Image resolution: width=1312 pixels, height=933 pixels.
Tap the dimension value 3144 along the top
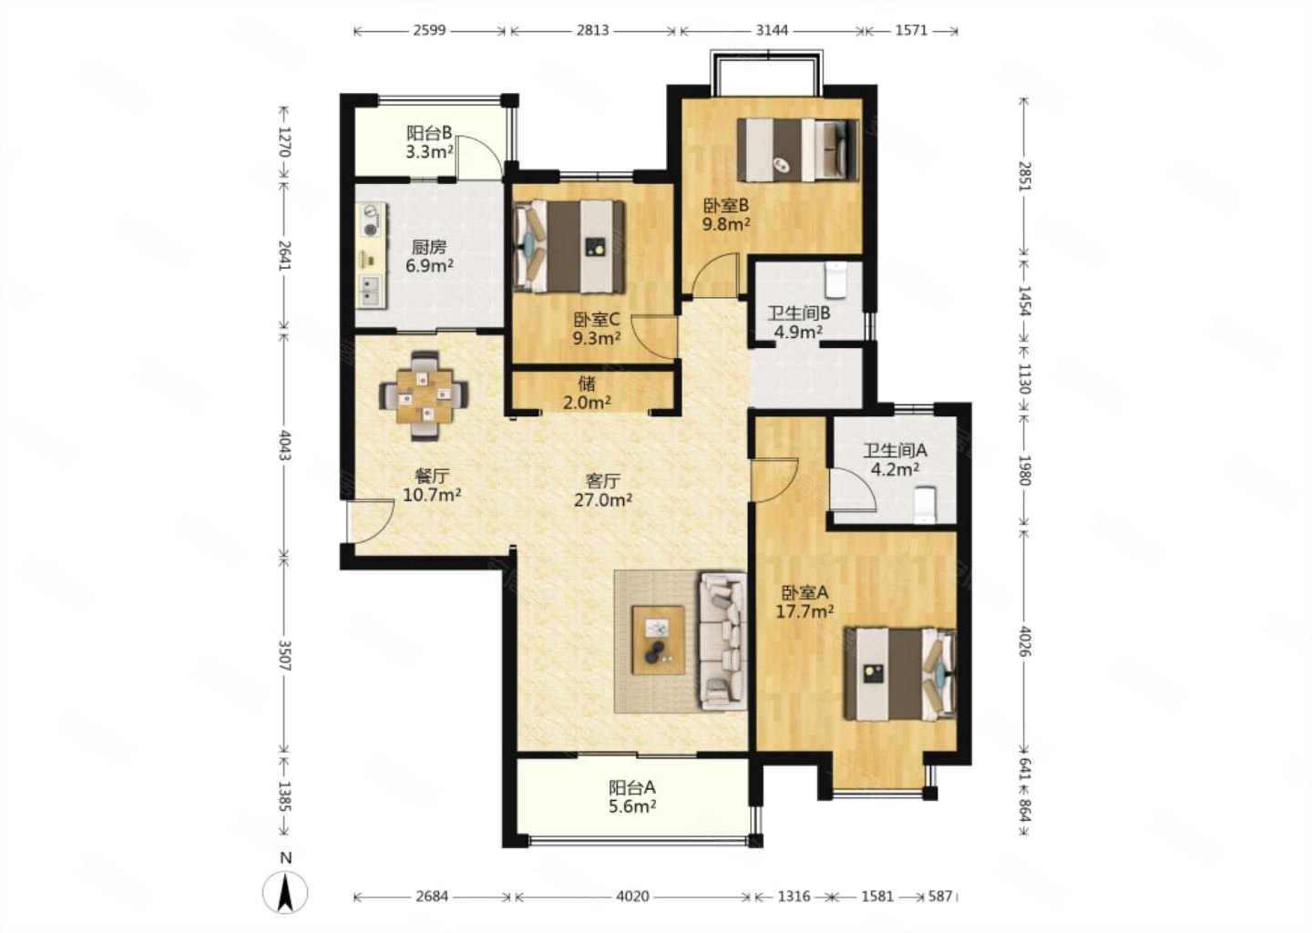tap(772, 30)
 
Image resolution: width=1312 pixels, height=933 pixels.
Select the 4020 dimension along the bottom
tap(632, 897)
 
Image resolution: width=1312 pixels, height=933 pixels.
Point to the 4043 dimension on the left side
tap(284, 446)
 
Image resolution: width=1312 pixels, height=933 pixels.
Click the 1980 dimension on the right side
tap(1024, 470)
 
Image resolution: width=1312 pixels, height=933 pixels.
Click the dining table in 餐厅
tap(424, 396)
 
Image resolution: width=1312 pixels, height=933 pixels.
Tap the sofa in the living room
tap(723, 641)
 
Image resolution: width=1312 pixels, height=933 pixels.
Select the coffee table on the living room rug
tap(658, 640)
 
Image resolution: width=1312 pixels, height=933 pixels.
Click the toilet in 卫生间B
tap(835, 280)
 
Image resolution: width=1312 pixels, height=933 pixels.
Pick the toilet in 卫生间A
tap(926, 505)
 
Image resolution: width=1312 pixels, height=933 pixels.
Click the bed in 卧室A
tap(900, 673)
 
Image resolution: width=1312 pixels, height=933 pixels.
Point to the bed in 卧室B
tap(798, 150)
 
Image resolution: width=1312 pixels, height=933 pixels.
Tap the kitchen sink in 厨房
tap(371, 292)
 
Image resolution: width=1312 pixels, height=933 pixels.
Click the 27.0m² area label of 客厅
tap(603, 500)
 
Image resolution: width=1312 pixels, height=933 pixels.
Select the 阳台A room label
tap(632, 787)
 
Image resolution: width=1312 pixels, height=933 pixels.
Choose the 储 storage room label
tap(587, 384)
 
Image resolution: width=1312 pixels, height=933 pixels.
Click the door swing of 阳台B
tap(479, 157)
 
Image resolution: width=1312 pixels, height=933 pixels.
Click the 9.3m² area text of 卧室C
tap(596, 338)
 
